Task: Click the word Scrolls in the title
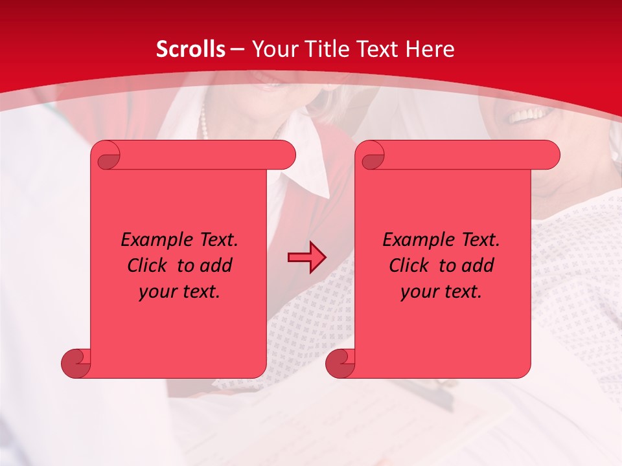(x=190, y=49)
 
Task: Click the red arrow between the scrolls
(x=306, y=258)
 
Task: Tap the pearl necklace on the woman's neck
(x=203, y=123)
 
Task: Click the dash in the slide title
(x=237, y=49)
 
